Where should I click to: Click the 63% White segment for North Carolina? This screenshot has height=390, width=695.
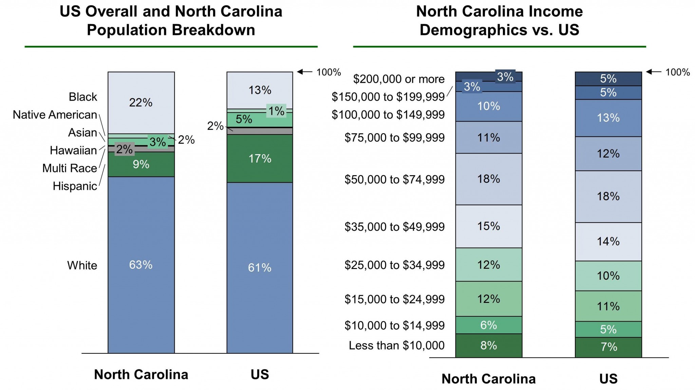click(141, 265)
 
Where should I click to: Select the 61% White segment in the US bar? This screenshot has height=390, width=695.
click(260, 268)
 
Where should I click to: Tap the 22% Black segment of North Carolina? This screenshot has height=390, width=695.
click(141, 102)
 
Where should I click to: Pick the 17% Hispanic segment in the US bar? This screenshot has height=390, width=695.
click(260, 159)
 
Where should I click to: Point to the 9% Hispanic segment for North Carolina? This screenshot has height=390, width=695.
click(141, 164)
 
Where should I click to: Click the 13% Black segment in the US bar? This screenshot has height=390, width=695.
click(260, 90)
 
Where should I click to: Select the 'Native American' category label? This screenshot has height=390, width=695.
click(55, 115)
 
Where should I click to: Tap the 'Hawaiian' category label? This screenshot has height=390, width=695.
click(73, 150)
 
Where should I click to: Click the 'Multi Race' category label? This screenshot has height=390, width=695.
click(70, 168)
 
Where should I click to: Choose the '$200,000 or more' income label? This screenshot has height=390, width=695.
click(399, 79)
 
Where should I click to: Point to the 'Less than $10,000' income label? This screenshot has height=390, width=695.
click(397, 346)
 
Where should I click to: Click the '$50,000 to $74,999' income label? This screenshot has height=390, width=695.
click(394, 180)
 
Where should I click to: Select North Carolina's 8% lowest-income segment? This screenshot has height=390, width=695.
click(489, 346)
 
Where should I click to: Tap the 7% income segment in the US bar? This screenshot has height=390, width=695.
click(608, 347)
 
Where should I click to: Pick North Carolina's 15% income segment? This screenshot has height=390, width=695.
click(489, 226)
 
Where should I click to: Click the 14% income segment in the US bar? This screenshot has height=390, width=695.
click(608, 242)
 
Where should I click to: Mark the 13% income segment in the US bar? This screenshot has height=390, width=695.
click(608, 118)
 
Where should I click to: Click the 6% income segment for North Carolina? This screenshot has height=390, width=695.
click(489, 325)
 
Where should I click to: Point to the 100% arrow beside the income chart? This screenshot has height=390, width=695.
click(654, 72)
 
